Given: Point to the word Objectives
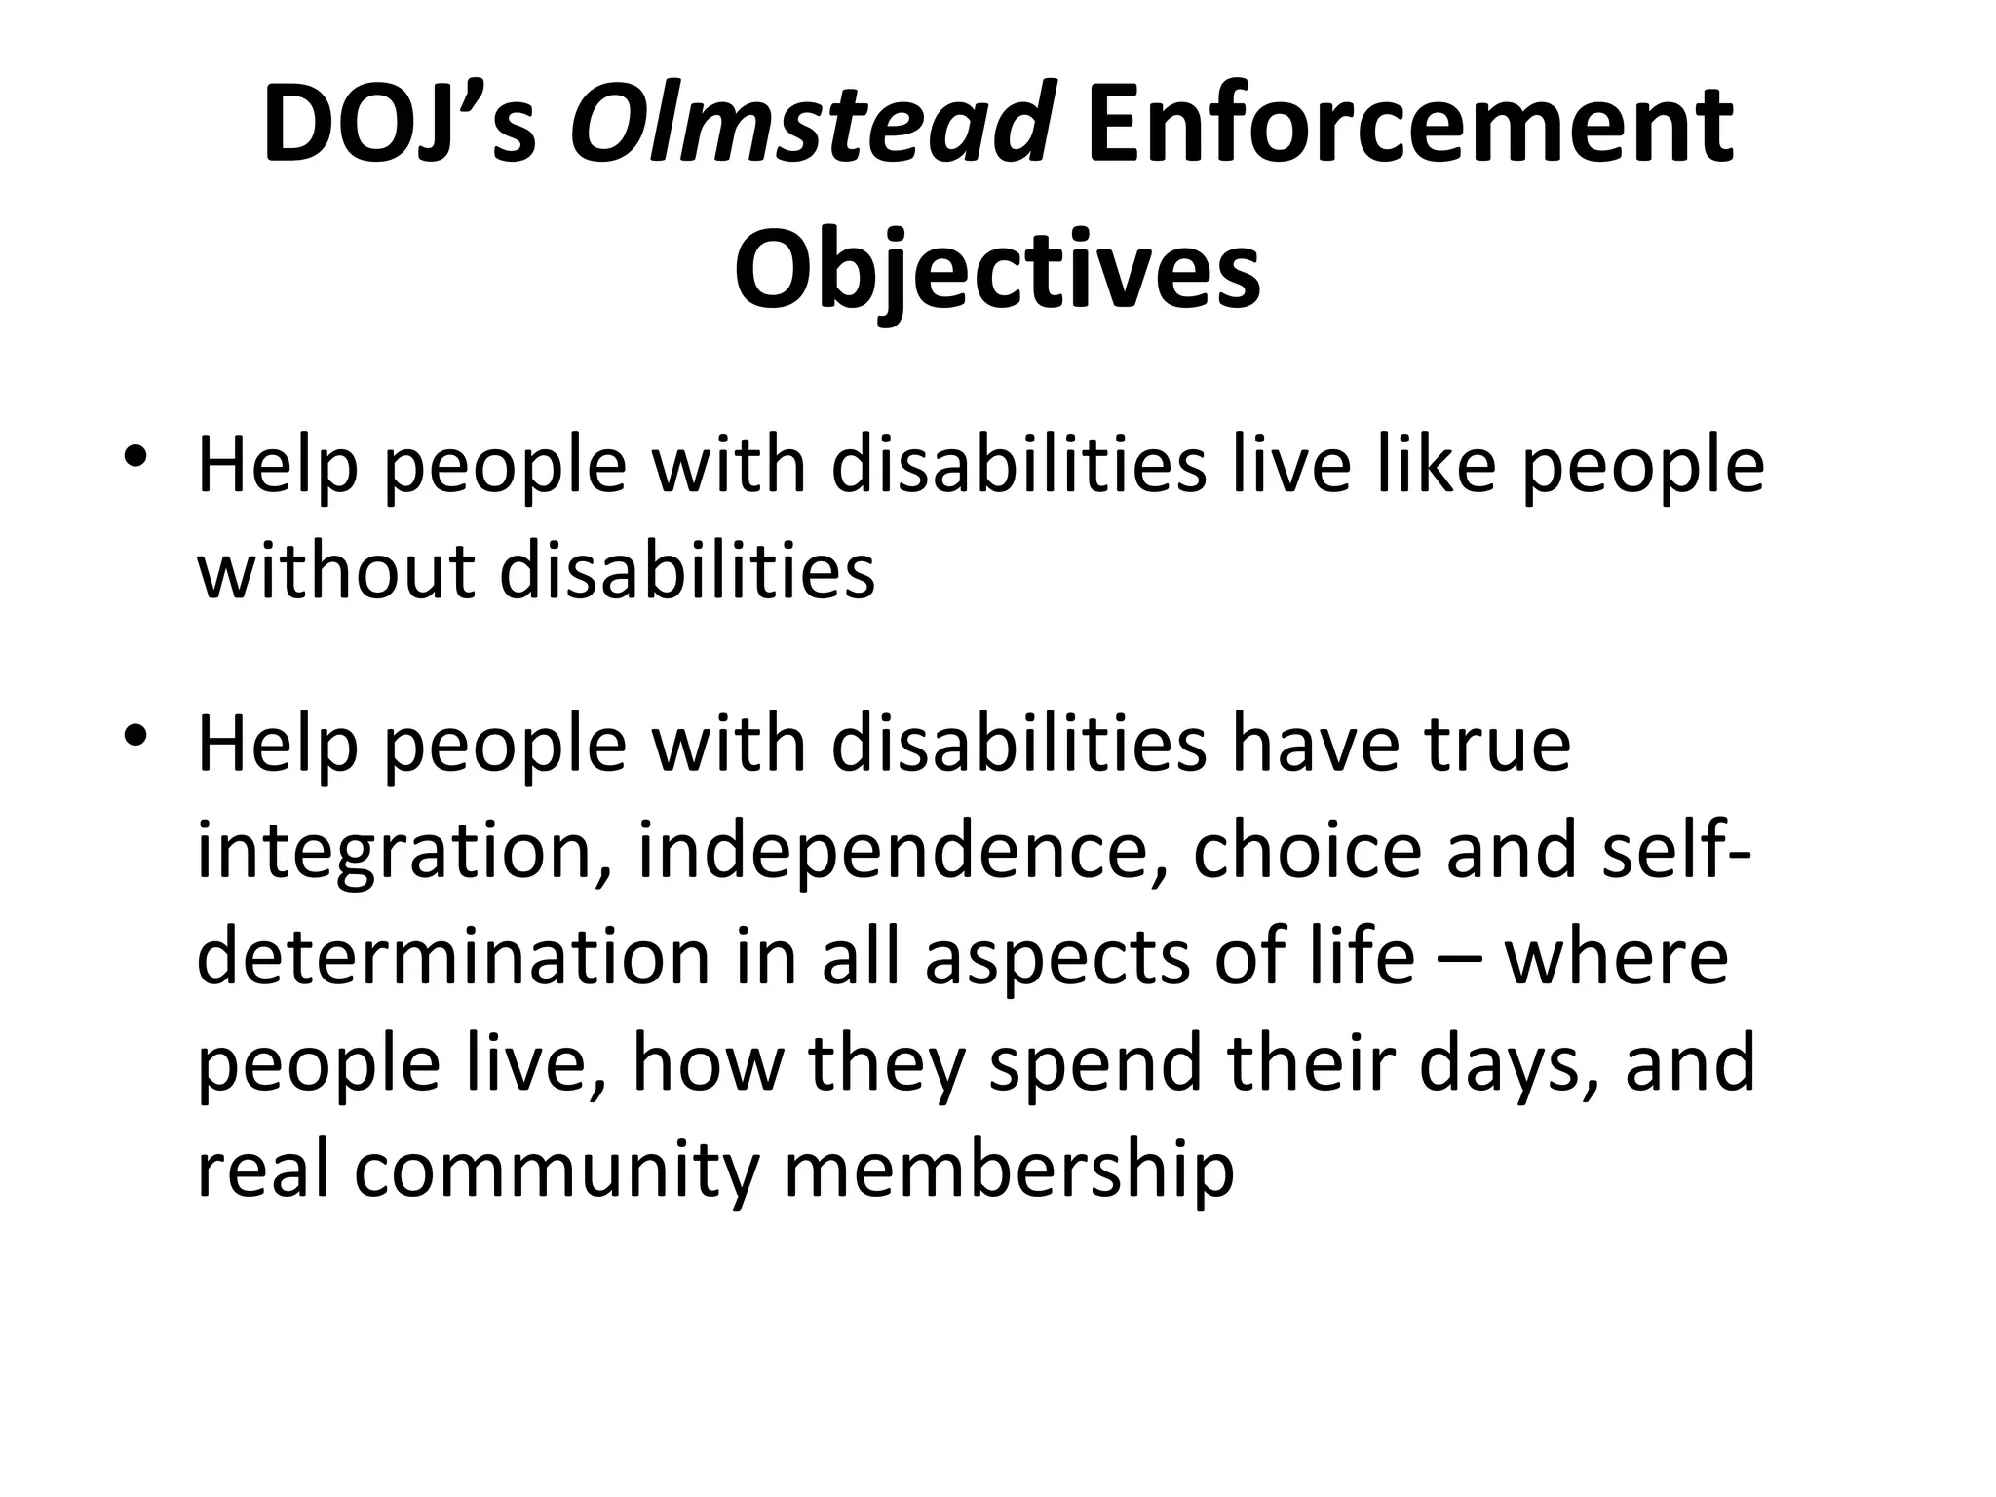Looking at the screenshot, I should (997, 268).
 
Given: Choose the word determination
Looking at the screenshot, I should (454, 957).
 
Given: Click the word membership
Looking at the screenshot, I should (1010, 1170).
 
